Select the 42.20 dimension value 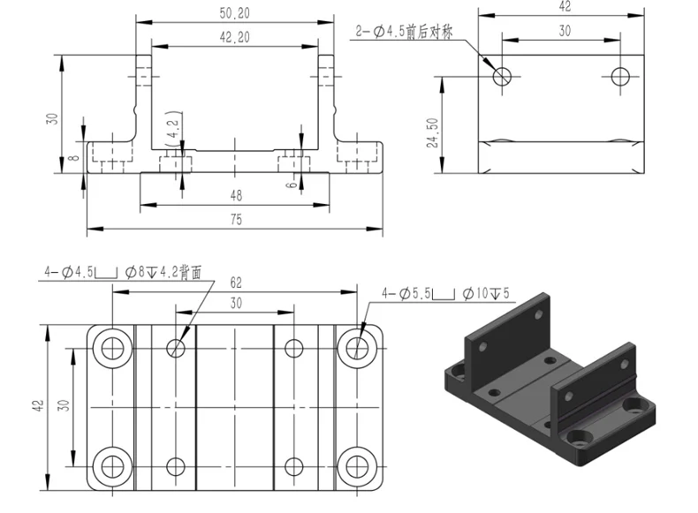coord(233,36)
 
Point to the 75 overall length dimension coord(235,221)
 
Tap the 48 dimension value coord(235,195)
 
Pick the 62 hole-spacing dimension coord(235,283)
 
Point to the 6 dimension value coord(292,184)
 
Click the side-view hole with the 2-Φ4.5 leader coord(502,75)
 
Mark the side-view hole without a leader coord(621,75)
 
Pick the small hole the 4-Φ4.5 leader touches coord(177,347)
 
